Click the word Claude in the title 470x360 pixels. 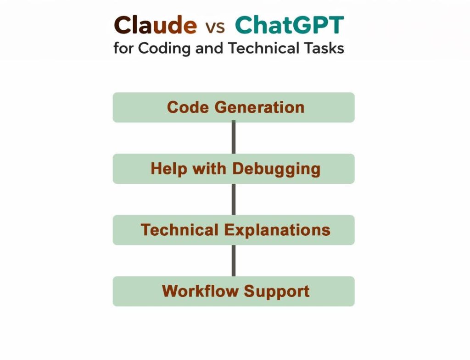pyautogui.click(x=155, y=26)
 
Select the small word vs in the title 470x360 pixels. pyautogui.click(x=215, y=27)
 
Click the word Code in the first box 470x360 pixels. pyautogui.click(x=188, y=107)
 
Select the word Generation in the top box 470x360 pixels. pyautogui.click(x=259, y=107)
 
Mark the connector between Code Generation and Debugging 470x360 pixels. pyautogui.click(x=234, y=138)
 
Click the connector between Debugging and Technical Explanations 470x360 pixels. pyautogui.click(x=234, y=199)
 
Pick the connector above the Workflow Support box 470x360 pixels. pyautogui.click(x=234, y=260)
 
